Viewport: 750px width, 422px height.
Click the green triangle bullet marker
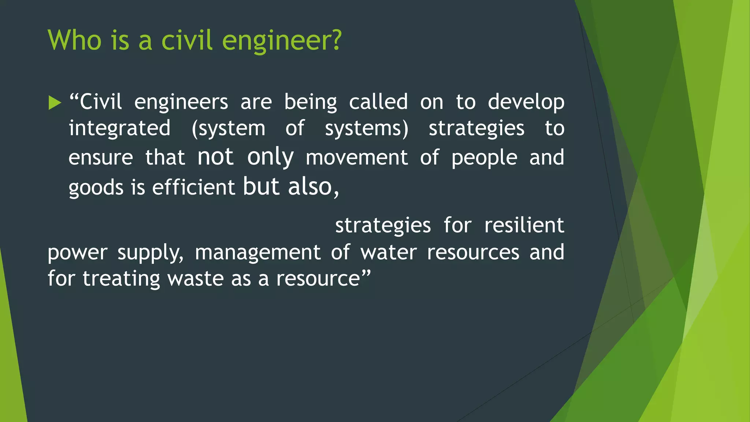[55, 103]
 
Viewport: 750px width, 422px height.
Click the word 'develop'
[526, 102]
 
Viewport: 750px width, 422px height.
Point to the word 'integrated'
[119, 128]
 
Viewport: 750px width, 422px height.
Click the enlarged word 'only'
[270, 157]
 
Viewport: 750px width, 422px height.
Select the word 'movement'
[356, 158]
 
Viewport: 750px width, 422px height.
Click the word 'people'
[484, 158]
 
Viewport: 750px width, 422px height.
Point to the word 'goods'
[96, 188]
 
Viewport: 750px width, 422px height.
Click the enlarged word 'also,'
[313, 187]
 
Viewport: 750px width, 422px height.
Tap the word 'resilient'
[524, 225]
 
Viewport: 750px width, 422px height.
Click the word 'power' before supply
[77, 253]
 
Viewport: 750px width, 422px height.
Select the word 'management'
[257, 252]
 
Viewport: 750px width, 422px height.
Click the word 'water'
[389, 252]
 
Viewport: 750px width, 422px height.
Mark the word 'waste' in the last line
[195, 278]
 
